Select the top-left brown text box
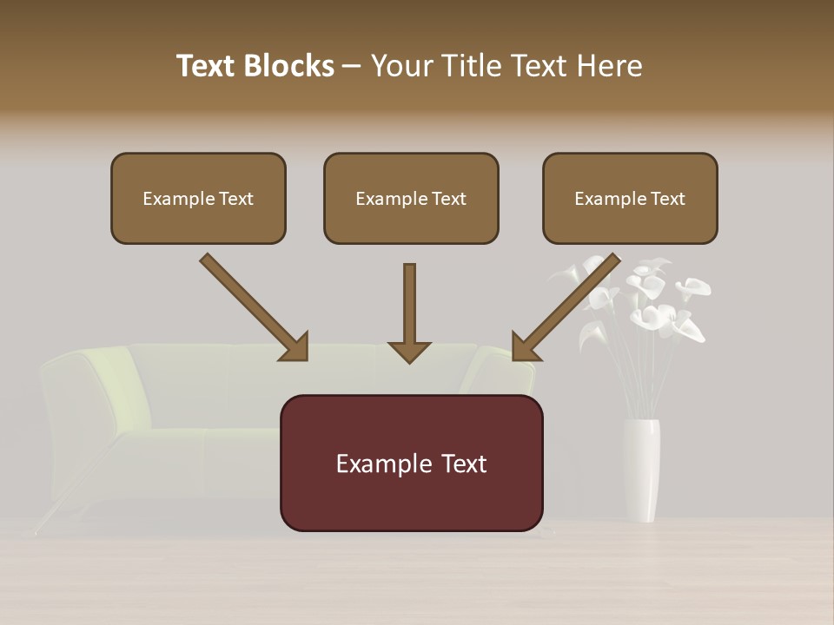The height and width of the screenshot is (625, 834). [198, 198]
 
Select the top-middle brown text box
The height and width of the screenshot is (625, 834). [411, 198]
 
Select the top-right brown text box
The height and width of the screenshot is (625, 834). [630, 198]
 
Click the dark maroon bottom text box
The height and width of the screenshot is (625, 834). [411, 463]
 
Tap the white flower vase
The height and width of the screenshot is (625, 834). [641, 469]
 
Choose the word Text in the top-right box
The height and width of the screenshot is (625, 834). [667, 199]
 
